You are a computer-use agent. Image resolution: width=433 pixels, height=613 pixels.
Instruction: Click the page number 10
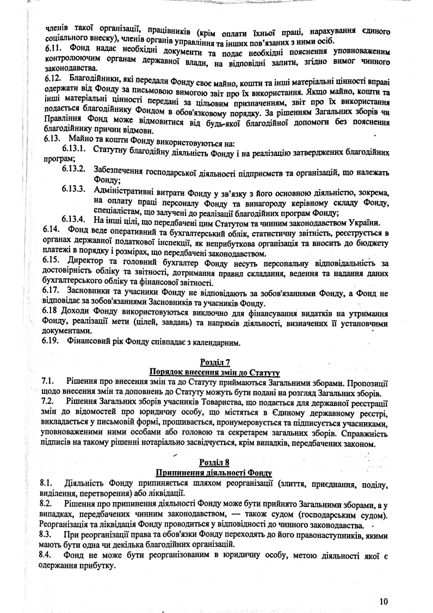coord(385,601)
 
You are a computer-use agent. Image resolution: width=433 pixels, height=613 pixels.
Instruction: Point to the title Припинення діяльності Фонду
coord(214,472)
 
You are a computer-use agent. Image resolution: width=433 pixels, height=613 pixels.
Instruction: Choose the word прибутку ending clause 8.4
coord(100,565)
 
